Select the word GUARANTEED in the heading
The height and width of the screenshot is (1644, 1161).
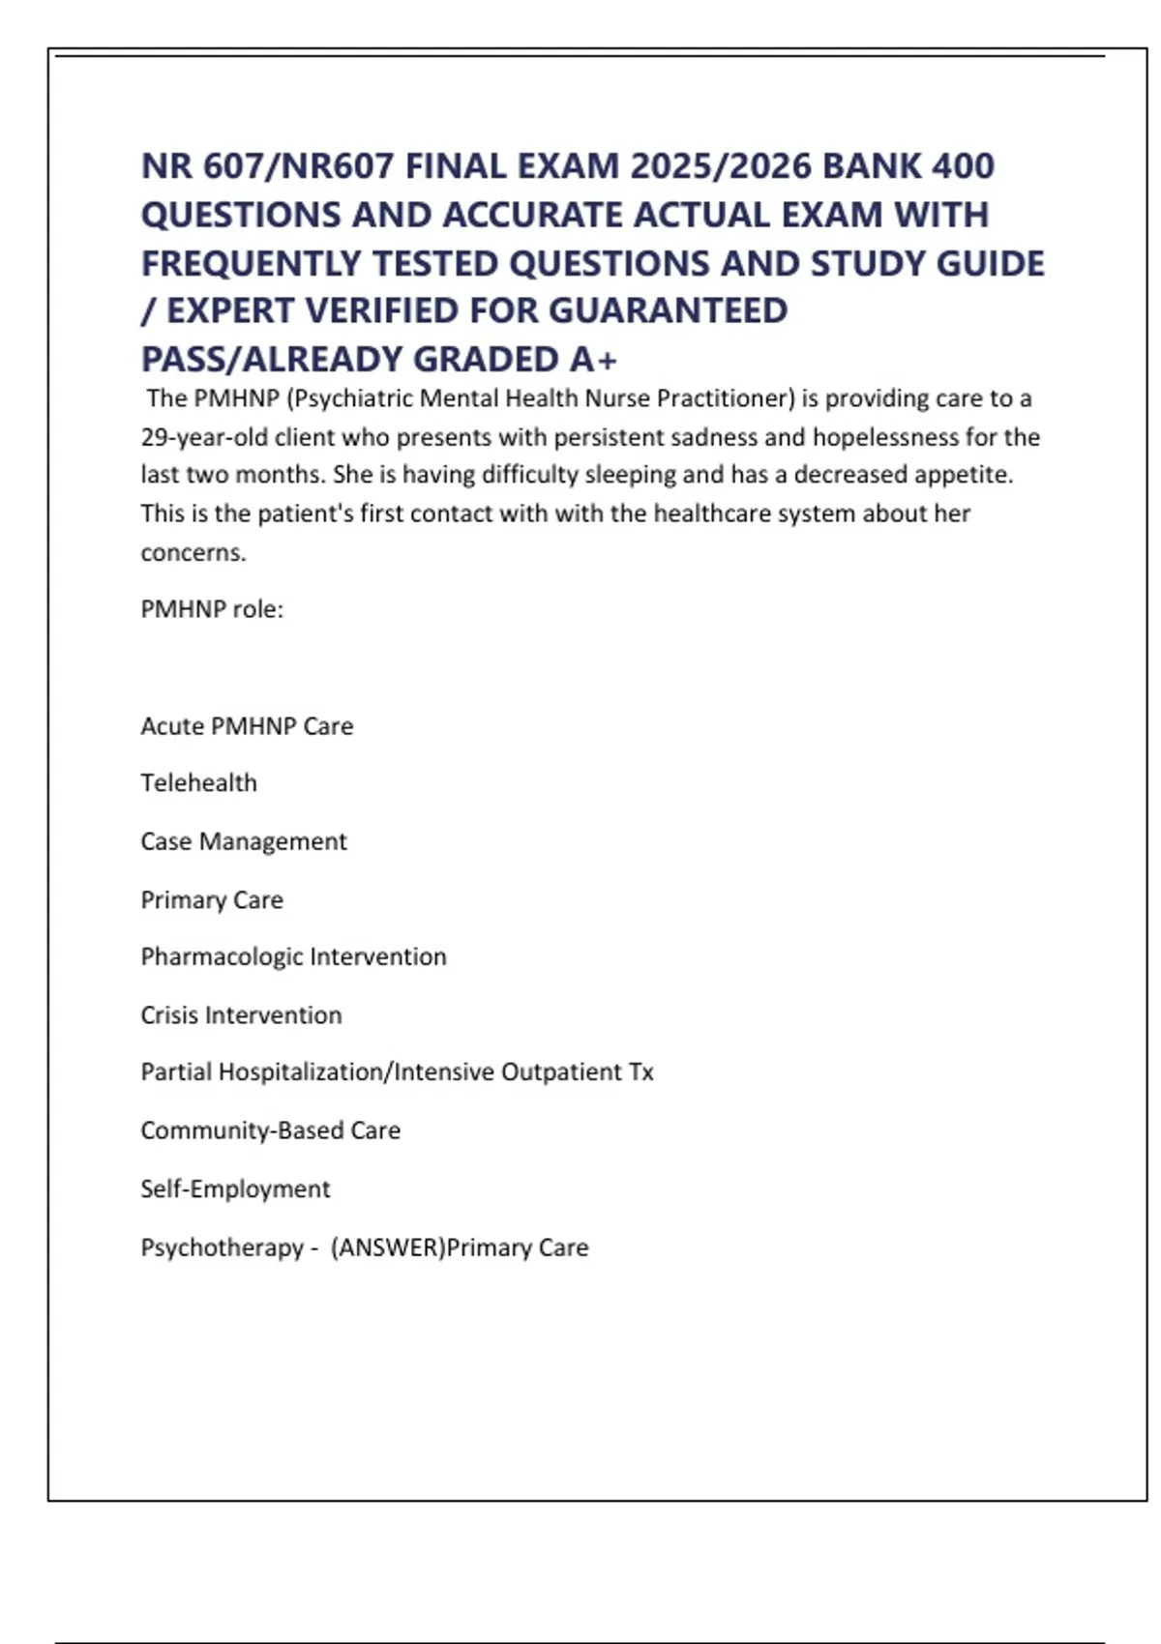point(669,310)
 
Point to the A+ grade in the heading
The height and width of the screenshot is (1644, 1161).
point(592,359)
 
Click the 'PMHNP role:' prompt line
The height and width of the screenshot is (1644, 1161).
point(212,609)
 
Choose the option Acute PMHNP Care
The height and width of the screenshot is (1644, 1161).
point(247,726)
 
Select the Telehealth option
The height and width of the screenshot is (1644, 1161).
point(198,782)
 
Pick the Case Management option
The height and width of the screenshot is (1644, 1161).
point(243,841)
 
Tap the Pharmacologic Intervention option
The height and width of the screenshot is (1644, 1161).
point(293,956)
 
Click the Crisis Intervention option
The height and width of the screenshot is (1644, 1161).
point(241,1014)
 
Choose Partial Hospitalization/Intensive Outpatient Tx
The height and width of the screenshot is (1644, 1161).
point(397,1072)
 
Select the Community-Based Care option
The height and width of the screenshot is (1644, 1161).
point(270,1130)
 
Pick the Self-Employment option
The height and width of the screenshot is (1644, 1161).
point(235,1189)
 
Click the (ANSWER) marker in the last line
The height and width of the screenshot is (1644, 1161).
point(387,1248)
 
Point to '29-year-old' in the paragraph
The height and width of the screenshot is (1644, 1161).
point(204,437)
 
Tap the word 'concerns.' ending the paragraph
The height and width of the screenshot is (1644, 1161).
point(193,552)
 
